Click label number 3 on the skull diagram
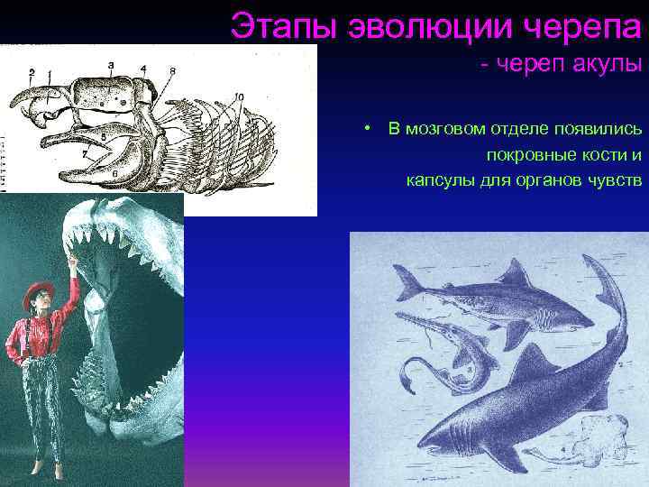(110, 65)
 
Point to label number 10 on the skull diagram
(239, 96)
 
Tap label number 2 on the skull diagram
(32, 70)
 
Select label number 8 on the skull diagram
(171, 70)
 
